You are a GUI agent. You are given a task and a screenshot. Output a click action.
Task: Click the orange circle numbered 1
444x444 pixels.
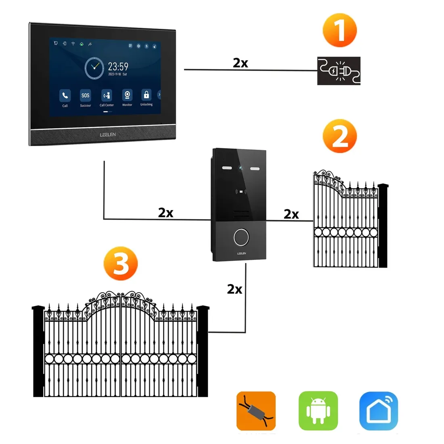340,30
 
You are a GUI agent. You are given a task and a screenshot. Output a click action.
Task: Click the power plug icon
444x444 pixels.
339,71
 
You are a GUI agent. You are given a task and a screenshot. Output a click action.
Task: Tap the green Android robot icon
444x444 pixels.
318,410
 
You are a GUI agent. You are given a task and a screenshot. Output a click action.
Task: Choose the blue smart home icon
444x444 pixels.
379,410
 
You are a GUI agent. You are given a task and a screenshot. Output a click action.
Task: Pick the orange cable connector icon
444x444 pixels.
256,410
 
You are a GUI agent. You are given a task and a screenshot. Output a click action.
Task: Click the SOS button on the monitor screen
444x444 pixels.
85,96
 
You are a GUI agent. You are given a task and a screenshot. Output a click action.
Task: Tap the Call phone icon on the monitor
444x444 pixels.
65,96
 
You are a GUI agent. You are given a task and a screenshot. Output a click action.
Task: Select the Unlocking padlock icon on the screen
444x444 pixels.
146,95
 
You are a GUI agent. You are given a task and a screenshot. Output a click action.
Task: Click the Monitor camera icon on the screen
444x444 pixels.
127,95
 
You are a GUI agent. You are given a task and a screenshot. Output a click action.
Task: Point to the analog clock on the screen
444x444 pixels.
94,68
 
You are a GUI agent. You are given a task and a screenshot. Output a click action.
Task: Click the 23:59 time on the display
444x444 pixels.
118,66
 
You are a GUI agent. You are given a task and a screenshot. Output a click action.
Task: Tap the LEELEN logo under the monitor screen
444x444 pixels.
108,134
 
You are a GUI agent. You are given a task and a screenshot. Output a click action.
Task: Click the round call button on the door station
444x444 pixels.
241,237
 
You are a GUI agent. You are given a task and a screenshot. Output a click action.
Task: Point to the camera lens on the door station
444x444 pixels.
241,168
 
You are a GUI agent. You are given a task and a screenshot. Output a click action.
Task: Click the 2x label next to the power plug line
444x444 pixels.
240,63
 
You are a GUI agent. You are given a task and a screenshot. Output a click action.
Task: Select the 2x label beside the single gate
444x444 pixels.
291,214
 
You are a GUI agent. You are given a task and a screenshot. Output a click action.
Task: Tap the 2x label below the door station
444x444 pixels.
235,289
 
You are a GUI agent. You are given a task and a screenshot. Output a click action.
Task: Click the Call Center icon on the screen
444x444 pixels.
107,95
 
